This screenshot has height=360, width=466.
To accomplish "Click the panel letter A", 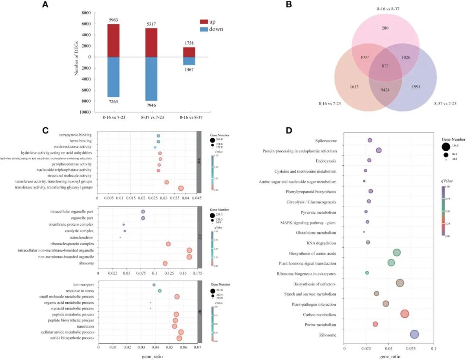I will (x=45, y=5).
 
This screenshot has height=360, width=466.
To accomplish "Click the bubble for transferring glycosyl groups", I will (x=181, y=188).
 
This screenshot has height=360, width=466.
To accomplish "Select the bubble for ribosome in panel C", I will (x=165, y=263).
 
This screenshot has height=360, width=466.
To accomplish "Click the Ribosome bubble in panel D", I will (x=414, y=334).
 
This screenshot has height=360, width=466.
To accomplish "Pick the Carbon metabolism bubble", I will (x=404, y=314).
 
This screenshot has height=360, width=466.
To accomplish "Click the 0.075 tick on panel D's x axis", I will (x=411, y=348).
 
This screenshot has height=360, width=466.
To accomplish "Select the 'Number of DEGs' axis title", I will (x=76, y=57).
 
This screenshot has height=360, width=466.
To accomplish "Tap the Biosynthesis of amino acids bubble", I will (x=397, y=253).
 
